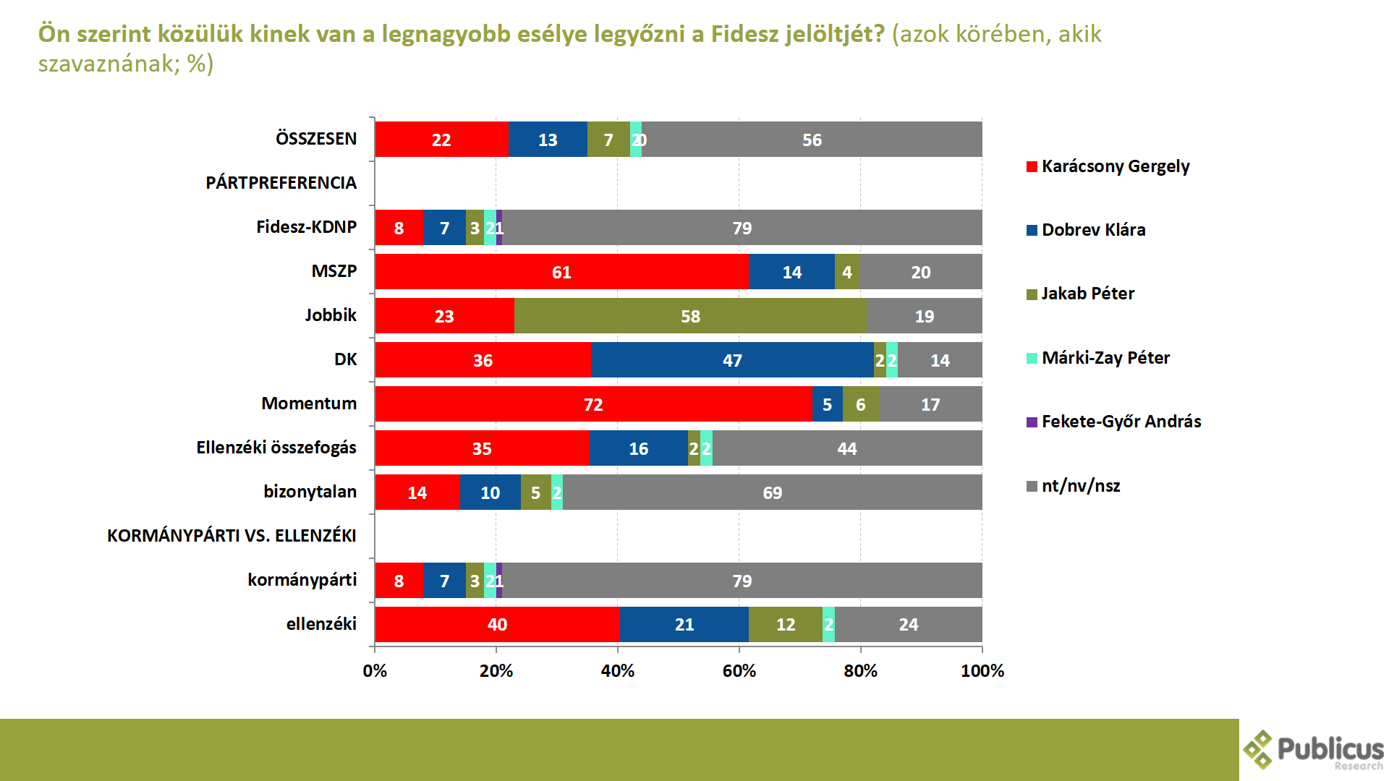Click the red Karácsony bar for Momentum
pos(593,404)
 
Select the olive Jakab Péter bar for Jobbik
pos(690,316)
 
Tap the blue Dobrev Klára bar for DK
pos(732,360)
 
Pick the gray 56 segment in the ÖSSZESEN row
pos(812,140)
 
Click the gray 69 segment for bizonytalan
pos(772,492)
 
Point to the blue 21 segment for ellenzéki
pos(684,624)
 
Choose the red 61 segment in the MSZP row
pos(561,272)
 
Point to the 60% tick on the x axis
pos(739,671)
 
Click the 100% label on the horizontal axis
pos(982,671)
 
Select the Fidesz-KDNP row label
pos(307,227)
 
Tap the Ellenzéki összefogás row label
pos(276,448)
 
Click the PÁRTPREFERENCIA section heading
pos(281,183)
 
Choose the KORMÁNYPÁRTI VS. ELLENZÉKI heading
pos(231,536)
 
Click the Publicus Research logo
pos(1313,750)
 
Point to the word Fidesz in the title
pos(744,34)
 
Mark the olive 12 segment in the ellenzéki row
pos(786,624)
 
